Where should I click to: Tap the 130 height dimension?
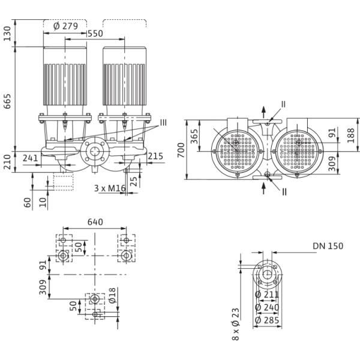click(x=7, y=34)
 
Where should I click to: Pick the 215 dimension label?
click(x=155, y=157)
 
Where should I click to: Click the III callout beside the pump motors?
click(x=163, y=125)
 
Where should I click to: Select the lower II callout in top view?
click(x=284, y=191)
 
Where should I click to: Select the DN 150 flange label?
click(x=328, y=246)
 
